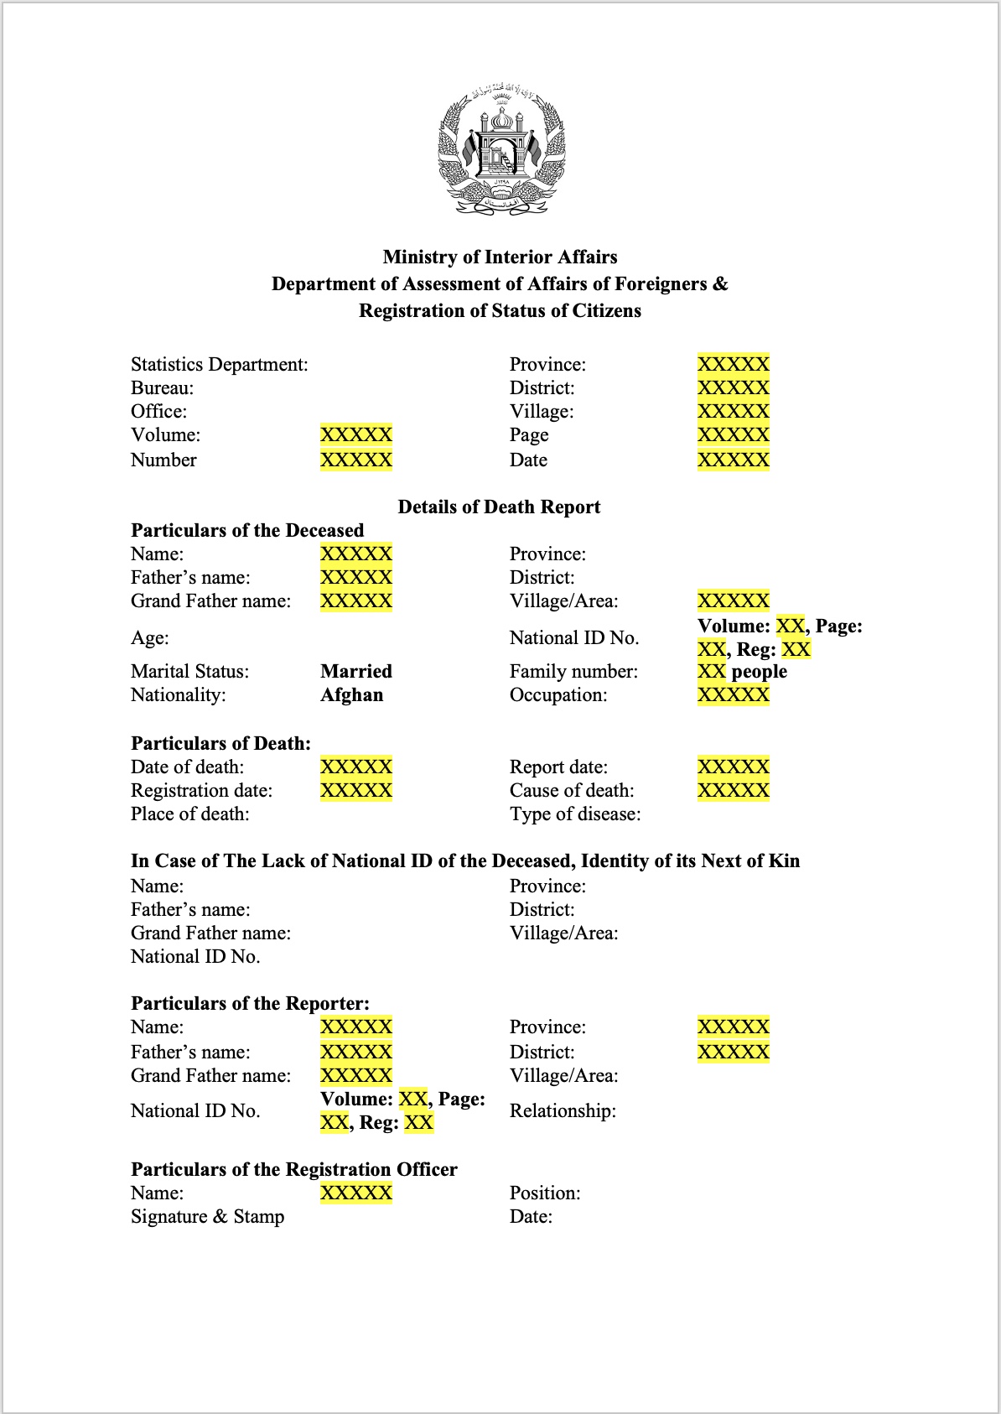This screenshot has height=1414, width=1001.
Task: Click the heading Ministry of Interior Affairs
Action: (x=500, y=257)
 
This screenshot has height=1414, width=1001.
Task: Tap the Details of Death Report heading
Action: (x=499, y=507)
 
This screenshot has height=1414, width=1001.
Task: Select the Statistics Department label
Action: (x=219, y=364)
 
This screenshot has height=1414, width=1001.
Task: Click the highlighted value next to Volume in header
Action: (x=355, y=434)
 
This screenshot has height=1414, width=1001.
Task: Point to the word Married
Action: (x=355, y=671)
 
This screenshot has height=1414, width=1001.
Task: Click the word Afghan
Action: (x=351, y=694)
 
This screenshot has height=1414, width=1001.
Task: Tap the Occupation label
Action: (x=558, y=694)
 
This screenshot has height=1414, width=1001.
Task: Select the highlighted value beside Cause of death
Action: (x=733, y=790)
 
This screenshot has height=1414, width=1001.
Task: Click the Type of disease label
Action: (x=574, y=814)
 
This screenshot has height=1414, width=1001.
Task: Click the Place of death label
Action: (x=189, y=814)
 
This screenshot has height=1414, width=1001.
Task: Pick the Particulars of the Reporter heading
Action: (x=250, y=1003)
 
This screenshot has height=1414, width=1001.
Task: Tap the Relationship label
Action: (x=562, y=1110)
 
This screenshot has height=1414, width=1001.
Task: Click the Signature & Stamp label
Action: (x=207, y=1216)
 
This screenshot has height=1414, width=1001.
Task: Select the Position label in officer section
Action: (x=545, y=1193)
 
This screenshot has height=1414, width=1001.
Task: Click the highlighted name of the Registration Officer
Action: (x=355, y=1193)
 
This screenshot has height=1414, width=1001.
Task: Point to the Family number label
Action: (x=573, y=671)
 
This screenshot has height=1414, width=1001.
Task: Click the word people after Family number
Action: (x=759, y=671)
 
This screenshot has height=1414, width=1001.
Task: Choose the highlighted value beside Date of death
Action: (x=355, y=767)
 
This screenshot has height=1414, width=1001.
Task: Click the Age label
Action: (x=149, y=637)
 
